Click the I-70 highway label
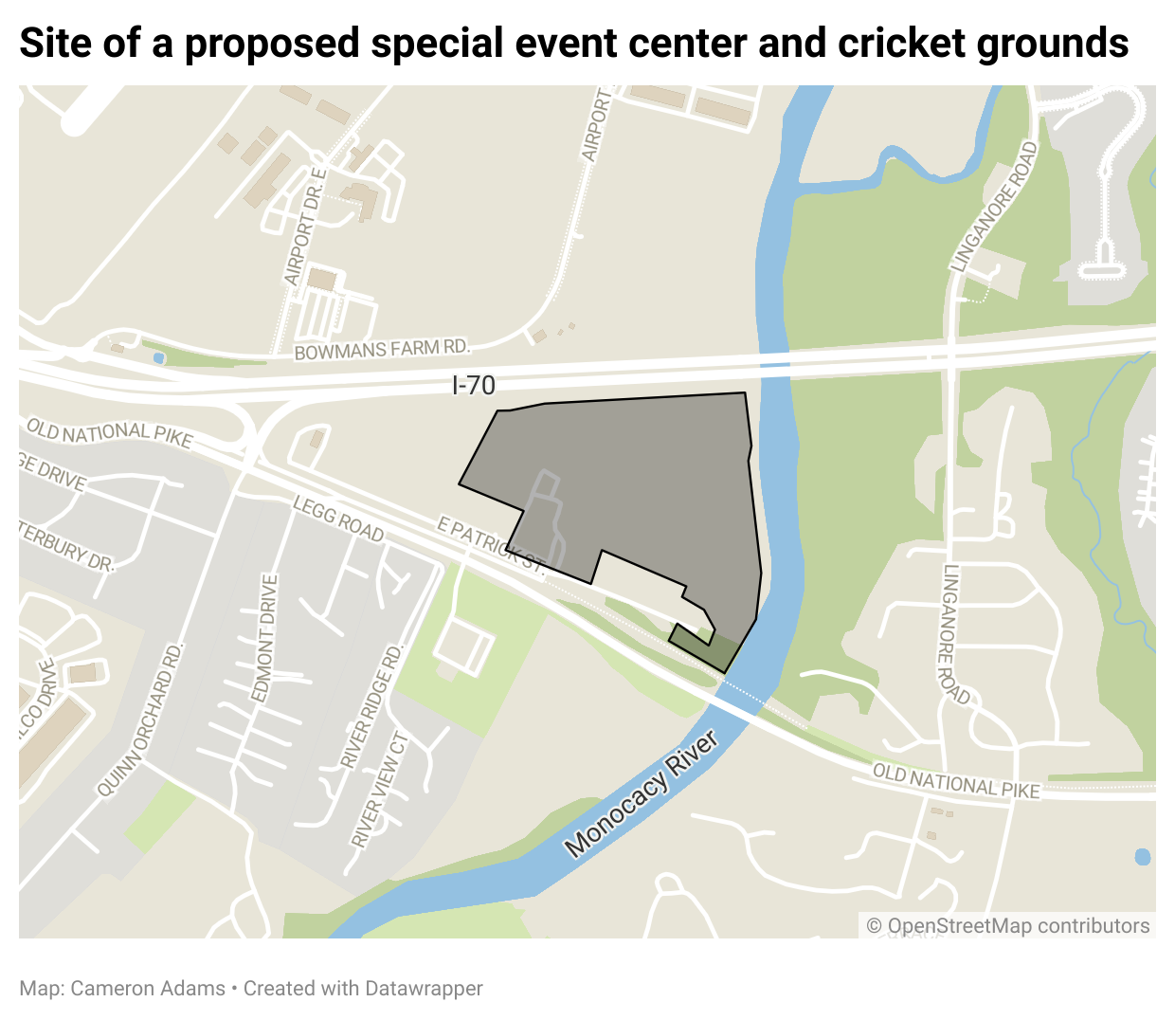point(474,385)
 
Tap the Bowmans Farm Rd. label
point(382,350)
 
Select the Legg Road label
point(338,519)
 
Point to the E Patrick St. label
point(491,544)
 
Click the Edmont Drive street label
point(265,637)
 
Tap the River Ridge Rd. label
point(372,706)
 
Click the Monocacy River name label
point(642,794)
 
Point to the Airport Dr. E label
point(305,228)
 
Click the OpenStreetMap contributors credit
point(1008,926)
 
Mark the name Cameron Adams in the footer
point(148,989)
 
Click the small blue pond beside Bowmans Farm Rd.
point(158,358)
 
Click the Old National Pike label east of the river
point(956,781)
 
